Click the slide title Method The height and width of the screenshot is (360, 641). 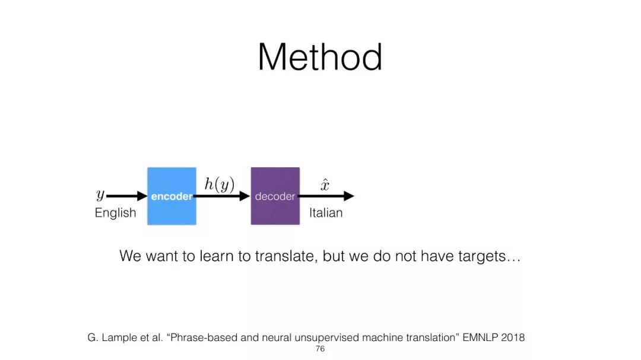[320, 57]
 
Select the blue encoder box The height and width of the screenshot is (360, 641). [172, 196]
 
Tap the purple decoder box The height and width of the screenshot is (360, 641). [275, 196]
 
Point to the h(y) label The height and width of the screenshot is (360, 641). [220, 184]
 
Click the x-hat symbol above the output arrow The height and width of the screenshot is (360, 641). [325, 185]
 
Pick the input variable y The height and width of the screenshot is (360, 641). [100, 195]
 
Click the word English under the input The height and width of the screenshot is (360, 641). [115, 213]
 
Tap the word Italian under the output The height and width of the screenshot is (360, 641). [326, 213]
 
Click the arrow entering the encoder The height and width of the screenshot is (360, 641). [127, 196]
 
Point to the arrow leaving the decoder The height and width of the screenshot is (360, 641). [326, 196]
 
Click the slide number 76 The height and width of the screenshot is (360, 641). [320, 349]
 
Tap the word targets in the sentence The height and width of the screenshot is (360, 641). [482, 257]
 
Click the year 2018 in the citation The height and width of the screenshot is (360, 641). [513, 337]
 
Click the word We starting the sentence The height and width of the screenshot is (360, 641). [131, 256]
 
